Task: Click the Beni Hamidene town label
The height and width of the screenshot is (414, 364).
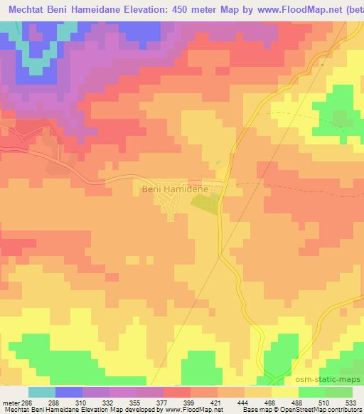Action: (173, 190)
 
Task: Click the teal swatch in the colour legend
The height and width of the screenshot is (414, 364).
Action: (41, 393)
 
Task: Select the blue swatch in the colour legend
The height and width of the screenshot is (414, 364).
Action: (68, 393)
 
